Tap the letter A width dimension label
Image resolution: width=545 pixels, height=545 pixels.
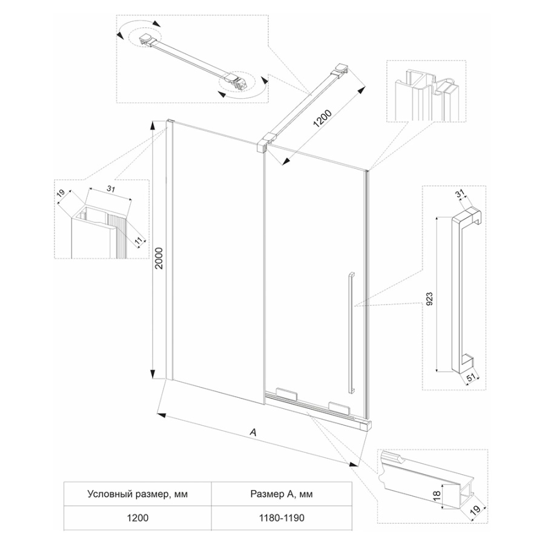click(x=254, y=432)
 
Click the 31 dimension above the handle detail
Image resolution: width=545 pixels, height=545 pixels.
click(x=459, y=194)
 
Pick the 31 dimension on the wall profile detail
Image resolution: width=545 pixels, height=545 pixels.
click(x=111, y=190)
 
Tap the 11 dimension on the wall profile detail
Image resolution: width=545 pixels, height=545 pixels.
click(x=139, y=241)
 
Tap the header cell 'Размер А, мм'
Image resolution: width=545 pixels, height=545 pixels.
click(x=280, y=494)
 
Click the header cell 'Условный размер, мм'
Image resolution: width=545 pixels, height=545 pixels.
click(x=137, y=494)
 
